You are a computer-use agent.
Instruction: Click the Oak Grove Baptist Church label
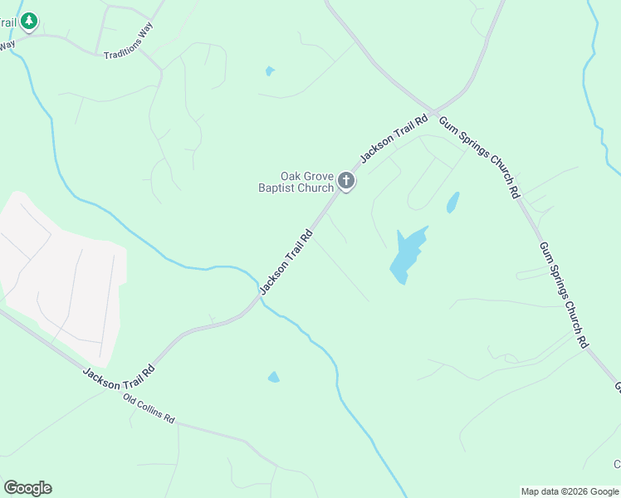[295, 182]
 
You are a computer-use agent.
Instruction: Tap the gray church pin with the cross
[346, 181]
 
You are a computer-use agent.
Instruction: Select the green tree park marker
[29, 20]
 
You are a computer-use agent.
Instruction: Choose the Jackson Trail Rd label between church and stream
[286, 261]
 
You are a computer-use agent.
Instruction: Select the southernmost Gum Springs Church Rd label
[564, 295]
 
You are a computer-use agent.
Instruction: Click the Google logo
[27, 488]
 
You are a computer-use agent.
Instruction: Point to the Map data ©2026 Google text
[570, 491]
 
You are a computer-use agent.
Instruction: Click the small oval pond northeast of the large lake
[452, 203]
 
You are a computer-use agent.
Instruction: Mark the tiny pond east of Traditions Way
[270, 71]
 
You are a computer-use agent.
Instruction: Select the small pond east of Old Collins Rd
[274, 378]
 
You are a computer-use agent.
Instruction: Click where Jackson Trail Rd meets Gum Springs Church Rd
[431, 112]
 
